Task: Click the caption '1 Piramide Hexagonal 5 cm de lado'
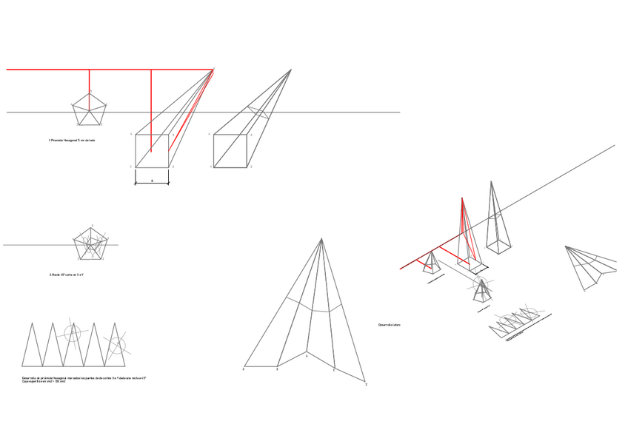[x=73, y=140]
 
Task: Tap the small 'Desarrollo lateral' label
[x=389, y=325]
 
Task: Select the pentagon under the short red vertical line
[x=90, y=110]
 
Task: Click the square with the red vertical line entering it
[x=153, y=151]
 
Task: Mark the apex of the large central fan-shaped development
[x=321, y=238]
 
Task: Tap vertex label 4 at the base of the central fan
[x=307, y=356]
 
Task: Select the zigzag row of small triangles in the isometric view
[x=518, y=323]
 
